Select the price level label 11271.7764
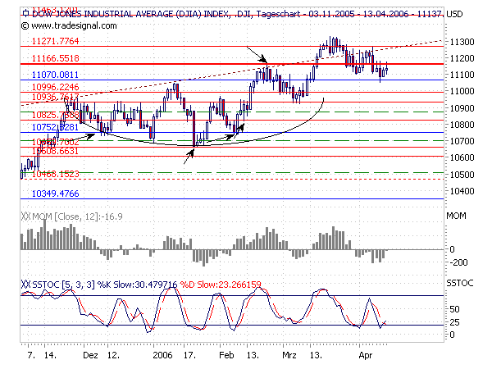click(x=54, y=41)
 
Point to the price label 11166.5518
click(x=54, y=59)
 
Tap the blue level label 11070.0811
click(x=54, y=75)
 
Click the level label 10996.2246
click(x=54, y=87)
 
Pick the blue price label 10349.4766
click(x=54, y=194)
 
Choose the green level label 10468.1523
click(x=54, y=174)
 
